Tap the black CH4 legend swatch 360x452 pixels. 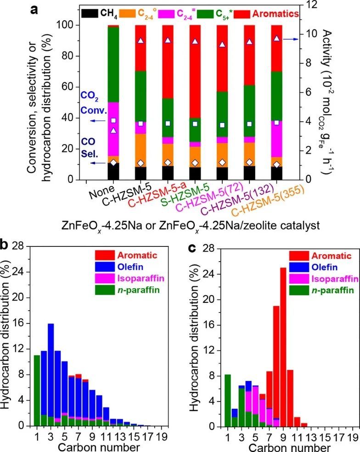(91, 14)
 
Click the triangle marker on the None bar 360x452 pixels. (113, 130)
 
